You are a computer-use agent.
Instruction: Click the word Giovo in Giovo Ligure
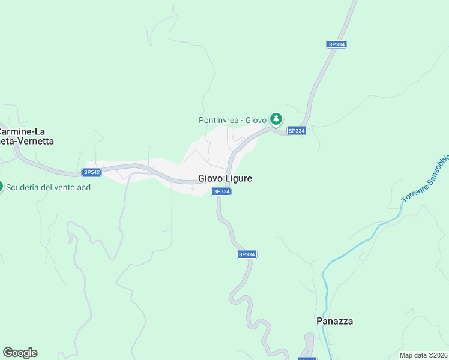[x=211, y=178]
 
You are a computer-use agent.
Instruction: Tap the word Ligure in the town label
[x=238, y=178]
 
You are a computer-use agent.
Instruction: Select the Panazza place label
[x=334, y=321]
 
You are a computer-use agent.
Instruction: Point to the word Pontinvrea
[x=220, y=120]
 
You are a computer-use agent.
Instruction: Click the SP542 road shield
[x=91, y=172]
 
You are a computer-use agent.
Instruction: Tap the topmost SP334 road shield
[x=337, y=44]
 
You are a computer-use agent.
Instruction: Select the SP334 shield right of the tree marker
[x=297, y=131]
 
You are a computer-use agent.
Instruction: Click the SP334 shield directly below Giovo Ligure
[x=221, y=191]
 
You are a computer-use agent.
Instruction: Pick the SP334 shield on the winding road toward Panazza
[x=247, y=254]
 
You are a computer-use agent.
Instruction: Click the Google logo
[x=20, y=353]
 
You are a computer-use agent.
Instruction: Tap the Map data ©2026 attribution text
[x=424, y=355]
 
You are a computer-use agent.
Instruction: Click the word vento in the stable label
[x=65, y=187]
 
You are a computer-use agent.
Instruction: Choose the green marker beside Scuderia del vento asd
[x=1, y=186]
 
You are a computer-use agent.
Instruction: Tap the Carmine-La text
[x=23, y=131]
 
